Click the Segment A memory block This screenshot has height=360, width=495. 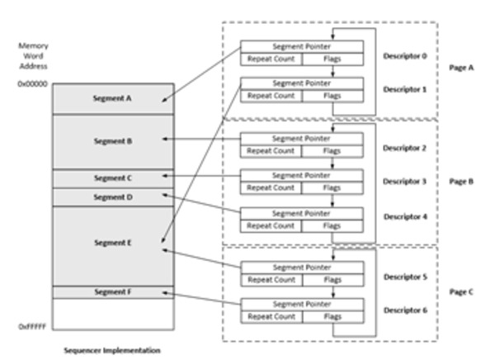click(x=113, y=98)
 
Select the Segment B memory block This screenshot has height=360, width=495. click(x=113, y=141)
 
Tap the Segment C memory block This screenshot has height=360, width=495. click(x=113, y=178)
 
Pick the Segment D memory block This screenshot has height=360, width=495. click(x=113, y=197)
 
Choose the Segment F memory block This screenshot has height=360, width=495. click(x=113, y=291)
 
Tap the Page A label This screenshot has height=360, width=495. click(x=465, y=70)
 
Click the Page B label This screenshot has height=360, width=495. click(x=465, y=178)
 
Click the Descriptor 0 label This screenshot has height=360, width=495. click(x=403, y=57)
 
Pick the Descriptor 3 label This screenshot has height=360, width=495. click(x=403, y=181)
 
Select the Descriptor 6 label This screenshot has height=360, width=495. click(x=403, y=309)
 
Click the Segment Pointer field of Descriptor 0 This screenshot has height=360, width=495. click(x=301, y=45)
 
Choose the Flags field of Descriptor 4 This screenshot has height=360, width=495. click(x=332, y=224)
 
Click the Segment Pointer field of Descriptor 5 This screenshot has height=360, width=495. click(x=301, y=266)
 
